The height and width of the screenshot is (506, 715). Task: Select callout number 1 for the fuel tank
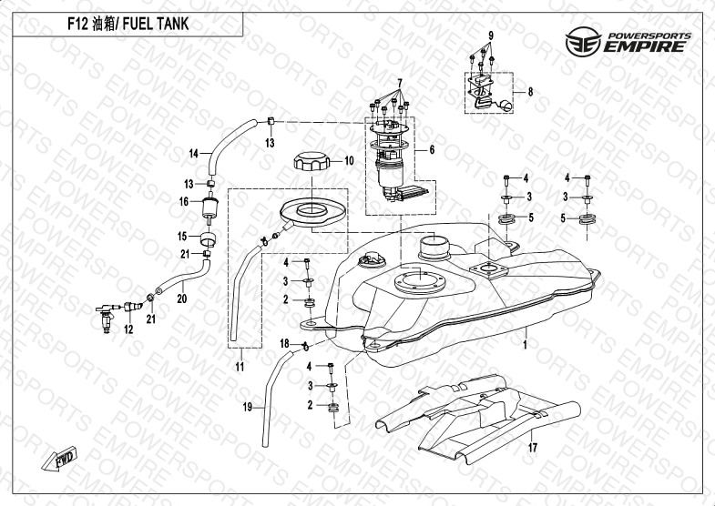click(x=525, y=346)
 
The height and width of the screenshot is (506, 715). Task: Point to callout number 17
click(x=533, y=448)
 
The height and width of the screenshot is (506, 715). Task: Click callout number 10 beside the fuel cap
click(x=347, y=161)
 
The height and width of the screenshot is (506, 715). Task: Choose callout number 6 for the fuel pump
click(x=431, y=149)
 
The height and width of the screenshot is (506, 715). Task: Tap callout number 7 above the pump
click(x=398, y=83)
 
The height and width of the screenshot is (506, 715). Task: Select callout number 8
click(x=530, y=92)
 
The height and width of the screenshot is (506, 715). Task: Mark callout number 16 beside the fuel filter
click(x=183, y=201)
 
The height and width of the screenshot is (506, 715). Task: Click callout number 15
click(x=181, y=236)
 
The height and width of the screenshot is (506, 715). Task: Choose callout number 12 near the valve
click(x=128, y=329)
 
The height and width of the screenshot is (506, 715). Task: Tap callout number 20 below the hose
click(x=181, y=298)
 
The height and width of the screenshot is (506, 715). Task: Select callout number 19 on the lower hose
click(x=246, y=407)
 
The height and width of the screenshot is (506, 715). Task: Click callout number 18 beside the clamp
click(x=284, y=343)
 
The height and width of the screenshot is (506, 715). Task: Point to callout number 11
click(x=239, y=367)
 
